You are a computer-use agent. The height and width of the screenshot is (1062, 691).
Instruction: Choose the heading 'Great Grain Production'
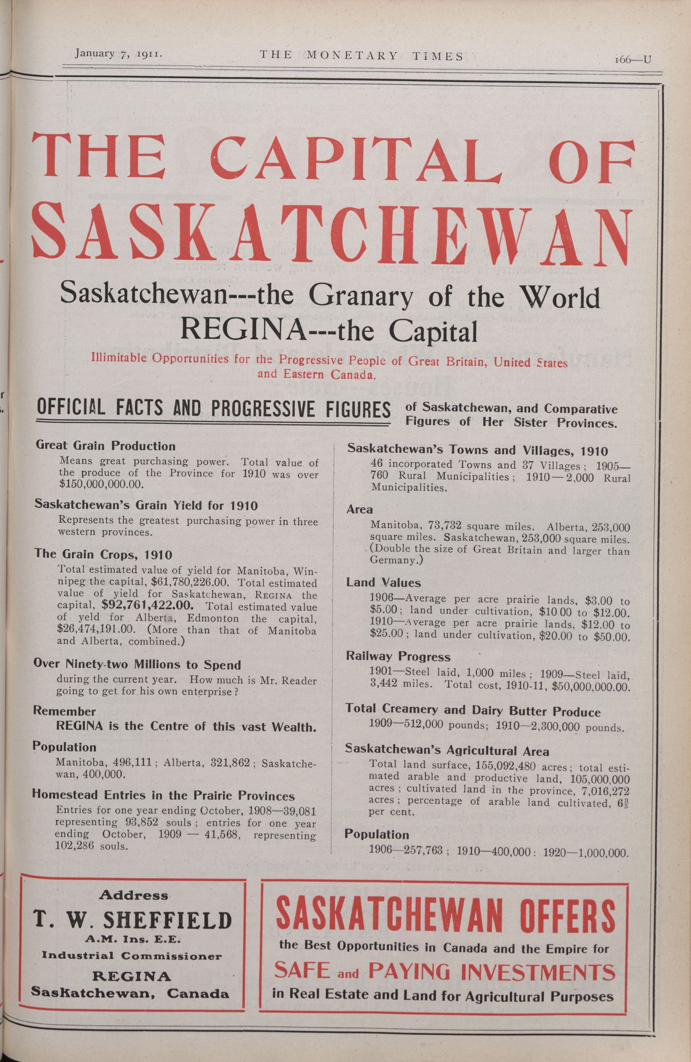[x=105, y=446]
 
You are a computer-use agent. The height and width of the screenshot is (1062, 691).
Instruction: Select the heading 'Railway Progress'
[x=398, y=656]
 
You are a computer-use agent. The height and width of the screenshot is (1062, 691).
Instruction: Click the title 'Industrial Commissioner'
[x=132, y=956]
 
